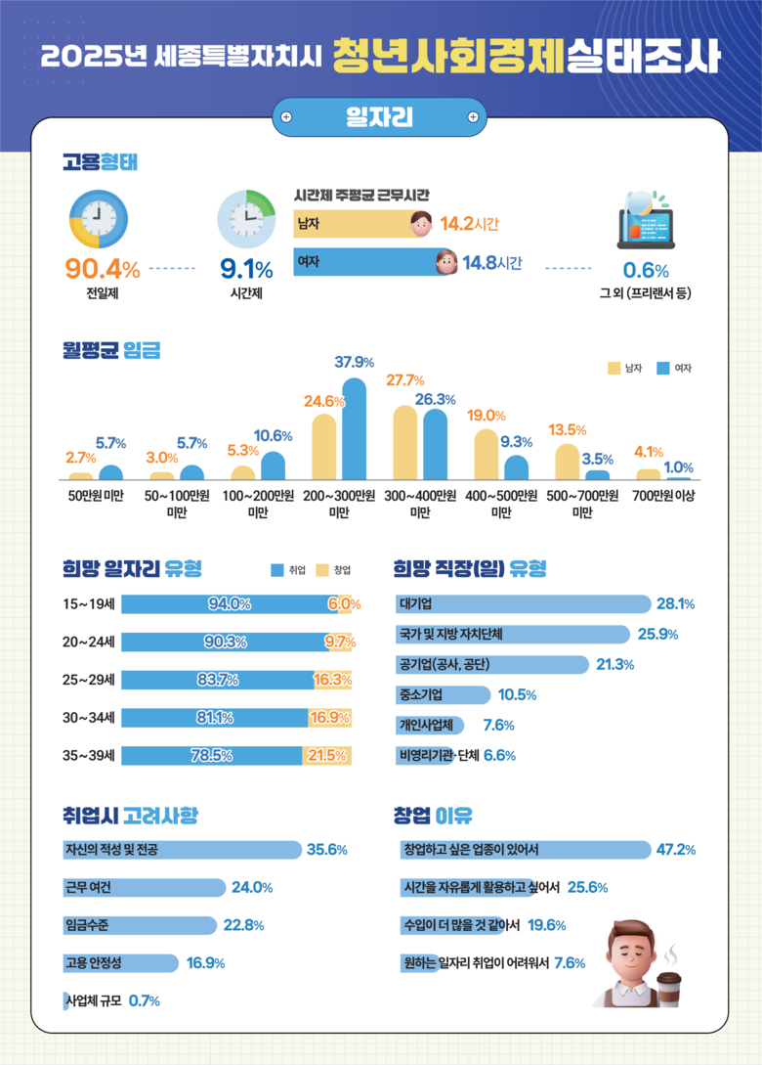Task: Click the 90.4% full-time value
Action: pos(102,268)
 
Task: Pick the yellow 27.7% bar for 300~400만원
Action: pos(405,442)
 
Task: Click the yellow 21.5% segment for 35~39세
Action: pos(327,755)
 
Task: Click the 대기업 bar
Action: pos(523,604)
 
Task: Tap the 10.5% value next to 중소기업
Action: pos(517,695)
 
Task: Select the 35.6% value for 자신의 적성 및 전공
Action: pos(327,850)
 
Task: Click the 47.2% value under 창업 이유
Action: pos(676,850)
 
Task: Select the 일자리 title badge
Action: pos(379,117)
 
